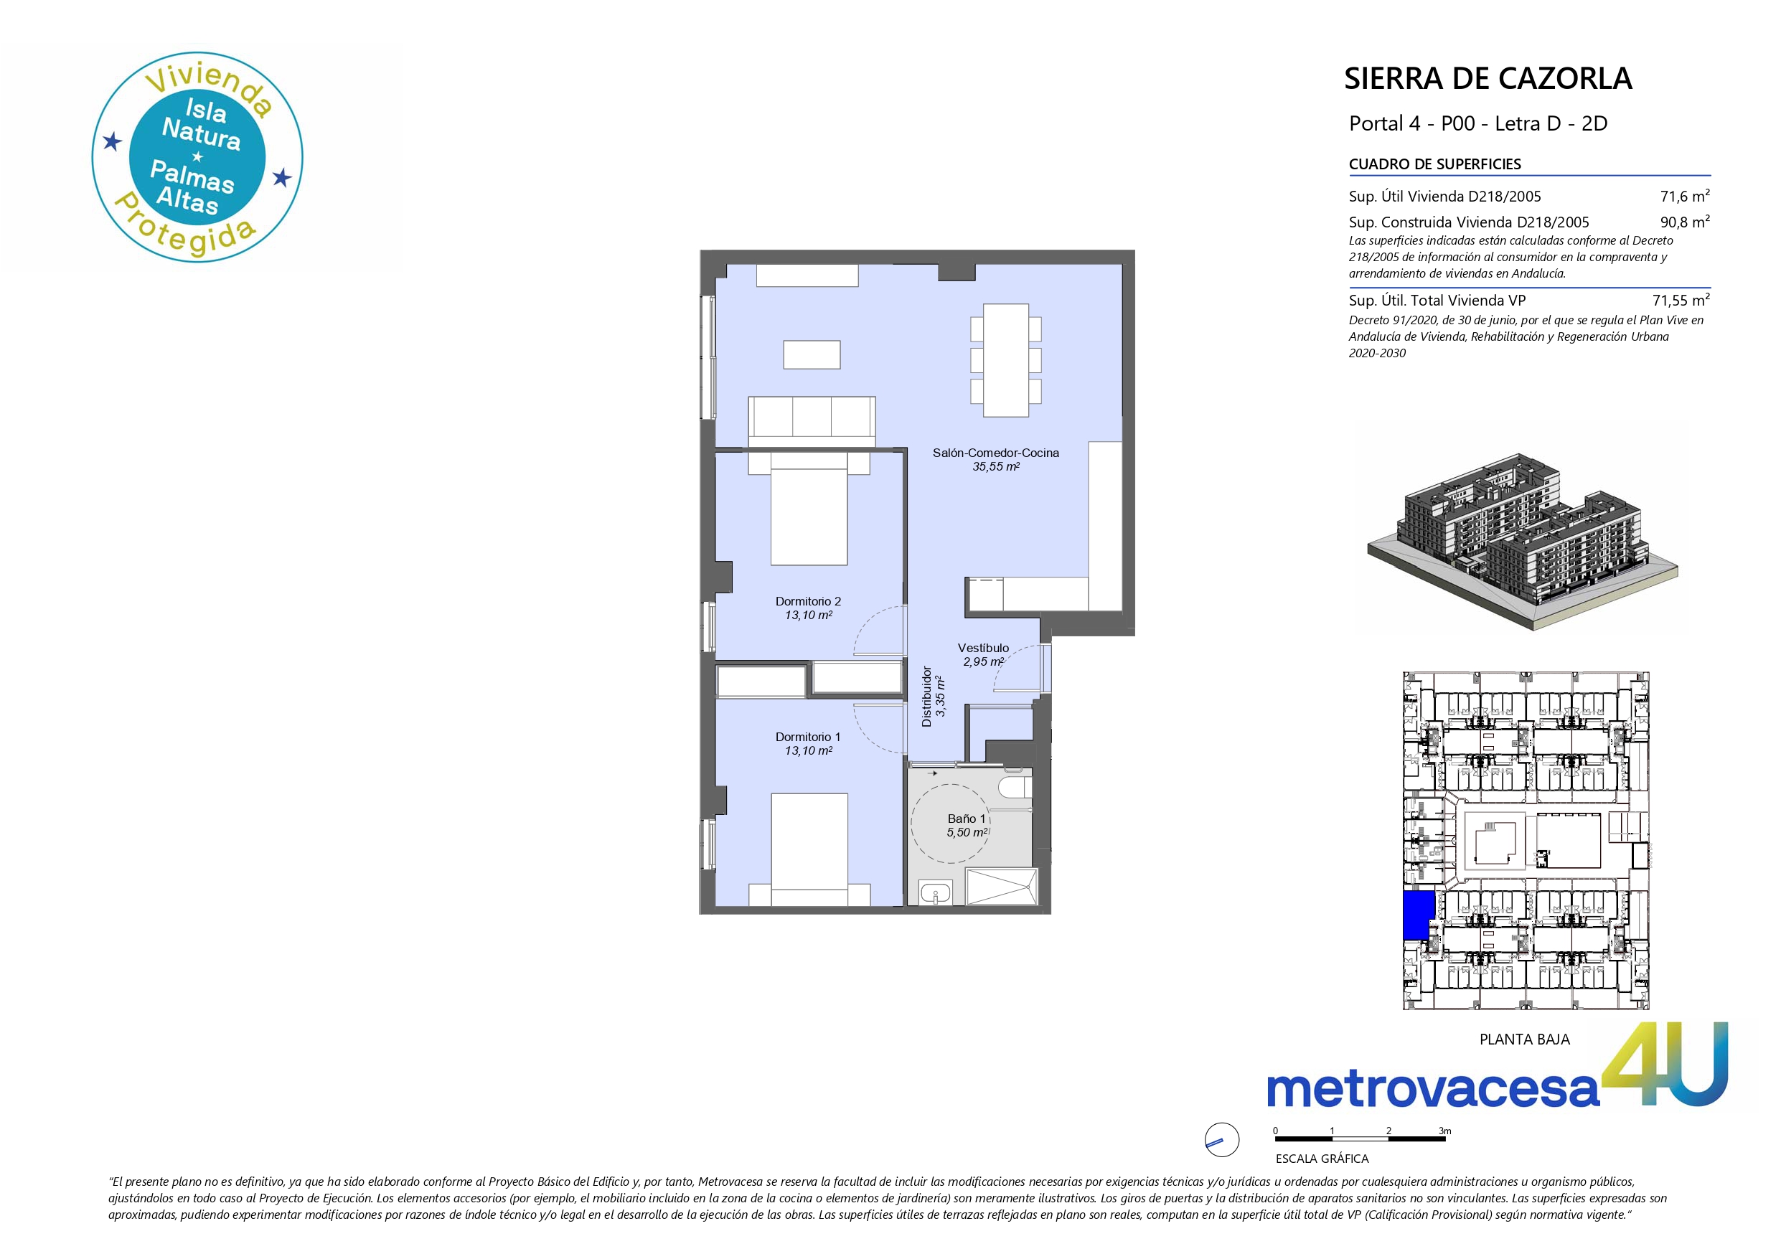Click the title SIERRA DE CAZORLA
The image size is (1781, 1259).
pos(1488,78)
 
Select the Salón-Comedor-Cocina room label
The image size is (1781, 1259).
pos(995,453)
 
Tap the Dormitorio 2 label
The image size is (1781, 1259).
pos(808,601)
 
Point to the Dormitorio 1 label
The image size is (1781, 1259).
pos(808,737)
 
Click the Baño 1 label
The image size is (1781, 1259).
pos(967,819)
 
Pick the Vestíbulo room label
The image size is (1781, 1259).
pos(983,648)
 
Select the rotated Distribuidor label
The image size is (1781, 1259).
pos(926,696)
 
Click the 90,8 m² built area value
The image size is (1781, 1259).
pos(1685,222)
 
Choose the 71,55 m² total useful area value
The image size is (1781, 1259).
pos(1681,300)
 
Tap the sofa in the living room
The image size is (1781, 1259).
pos(812,421)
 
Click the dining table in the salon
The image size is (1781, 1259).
pos(1006,360)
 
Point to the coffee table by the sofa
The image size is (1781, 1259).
pos(812,354)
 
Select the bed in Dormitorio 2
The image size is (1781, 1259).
pos(808,509)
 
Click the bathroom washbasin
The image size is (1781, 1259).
pos(936,893)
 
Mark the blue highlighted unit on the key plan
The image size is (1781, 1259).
pos(1418,915)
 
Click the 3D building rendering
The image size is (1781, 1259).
pos(1522,539)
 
